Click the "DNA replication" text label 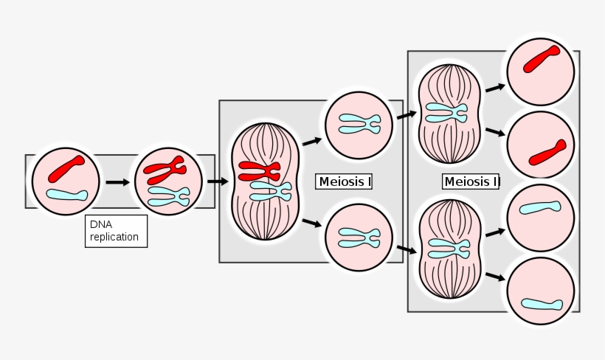115,231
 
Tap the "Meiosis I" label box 344,181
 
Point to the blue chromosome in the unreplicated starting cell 67,195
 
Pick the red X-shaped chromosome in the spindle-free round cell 165,170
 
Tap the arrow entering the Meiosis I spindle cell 218,181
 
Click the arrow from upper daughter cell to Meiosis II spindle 405,114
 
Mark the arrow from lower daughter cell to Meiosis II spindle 405,249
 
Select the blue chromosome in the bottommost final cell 542,304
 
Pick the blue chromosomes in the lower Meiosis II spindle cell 447,248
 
